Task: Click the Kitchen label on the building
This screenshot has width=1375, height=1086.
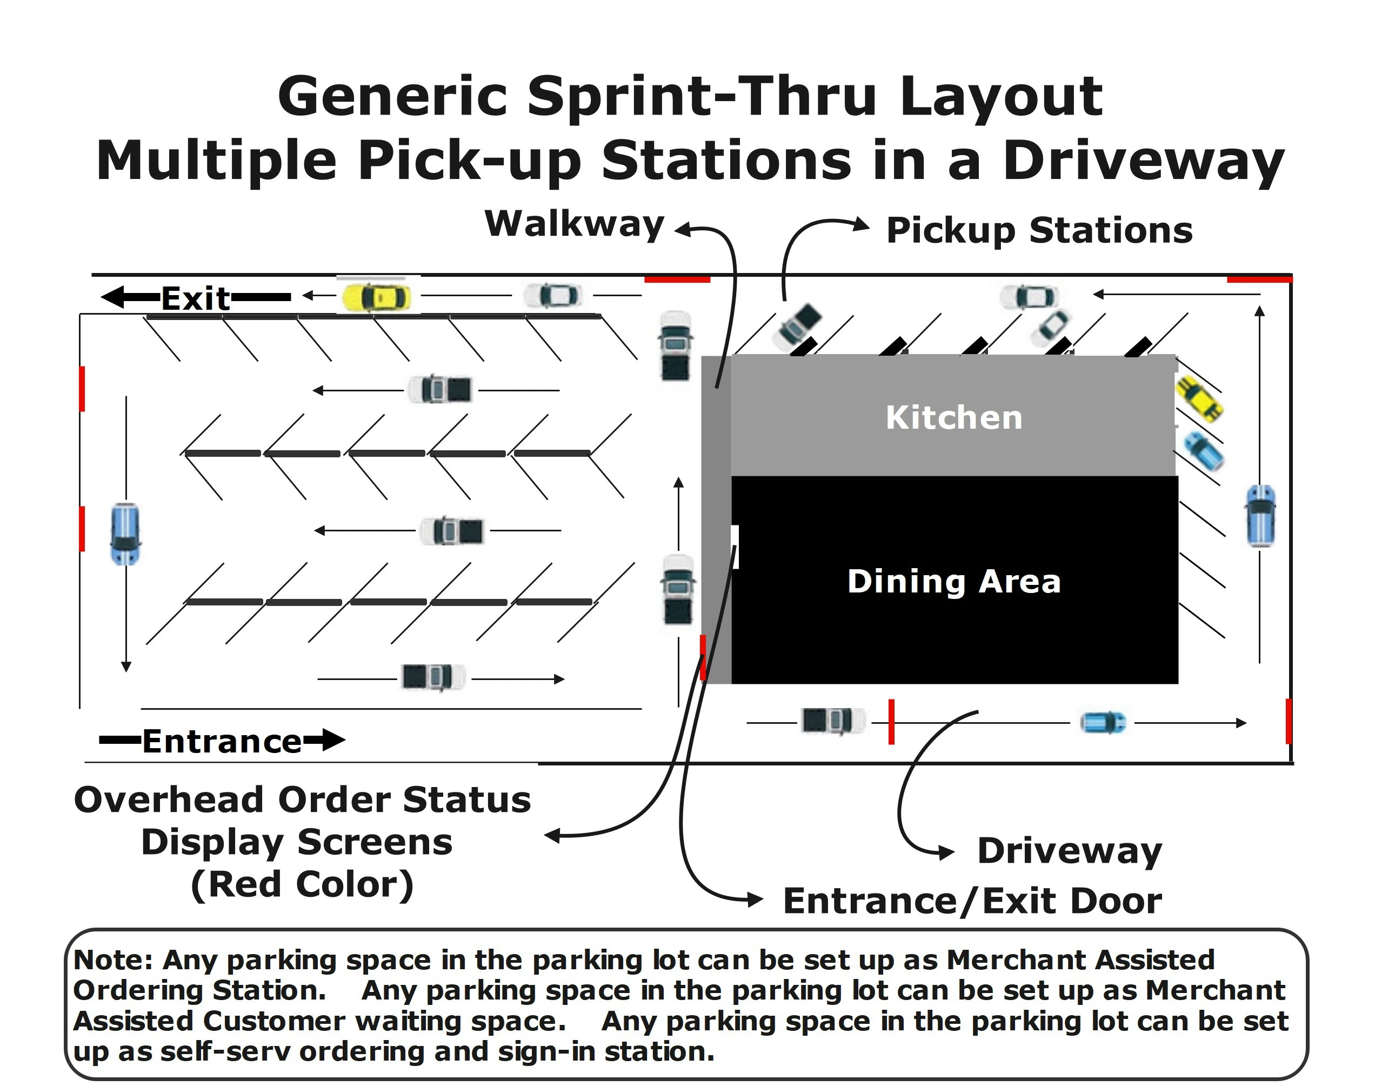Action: click(x=953, y=418)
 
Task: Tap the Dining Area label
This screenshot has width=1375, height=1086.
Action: click(x=953, y=581)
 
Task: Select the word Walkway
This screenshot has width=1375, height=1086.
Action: click(x=574, y=224)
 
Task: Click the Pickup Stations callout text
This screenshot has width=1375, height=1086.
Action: click(x=1039, y=230)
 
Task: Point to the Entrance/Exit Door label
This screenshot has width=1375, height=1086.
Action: click(x=973, y=901)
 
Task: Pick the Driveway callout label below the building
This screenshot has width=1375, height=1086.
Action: click(x=1070, y=851)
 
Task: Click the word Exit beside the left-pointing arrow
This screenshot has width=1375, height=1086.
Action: click(x=195, y=298)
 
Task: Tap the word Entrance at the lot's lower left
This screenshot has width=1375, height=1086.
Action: click(x=222, y=741)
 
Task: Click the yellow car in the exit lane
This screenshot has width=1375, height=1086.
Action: click(x=376, y=297)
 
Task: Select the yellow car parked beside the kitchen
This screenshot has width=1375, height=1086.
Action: click(x=1199, y=398)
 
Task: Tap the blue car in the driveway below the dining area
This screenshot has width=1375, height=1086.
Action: click(x=1104, y=723)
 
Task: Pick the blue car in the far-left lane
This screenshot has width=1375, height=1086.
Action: click(x=125, y=534)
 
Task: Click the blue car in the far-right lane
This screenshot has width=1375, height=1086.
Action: click(x=1260, y=516)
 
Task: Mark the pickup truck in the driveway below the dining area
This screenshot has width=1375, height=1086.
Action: click(x=833, y=721)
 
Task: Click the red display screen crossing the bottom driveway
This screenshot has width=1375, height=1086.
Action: click(x=891, y=722)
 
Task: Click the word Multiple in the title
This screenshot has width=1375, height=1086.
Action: click(x=216, y=161)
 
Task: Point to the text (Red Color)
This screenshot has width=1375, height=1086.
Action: click(x=303, y=884)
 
